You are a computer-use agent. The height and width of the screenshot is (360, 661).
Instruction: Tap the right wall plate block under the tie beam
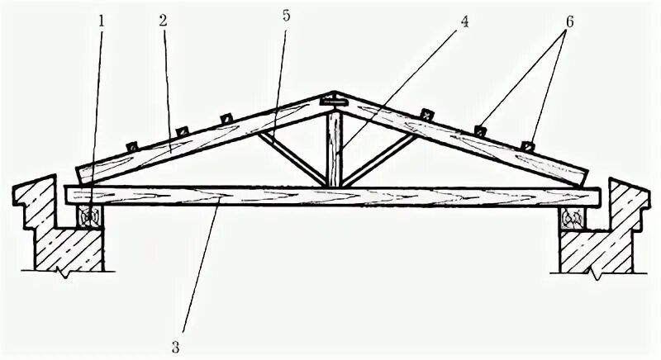[572, 219]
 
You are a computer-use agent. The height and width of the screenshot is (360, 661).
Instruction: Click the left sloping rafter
[198, 140]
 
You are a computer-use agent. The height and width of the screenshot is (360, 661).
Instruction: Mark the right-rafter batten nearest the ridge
[426, 112]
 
